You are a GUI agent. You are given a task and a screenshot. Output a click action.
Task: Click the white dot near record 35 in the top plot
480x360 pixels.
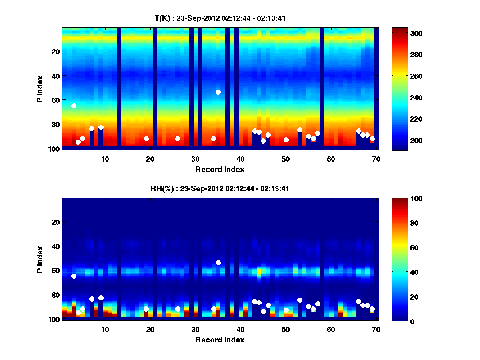218,92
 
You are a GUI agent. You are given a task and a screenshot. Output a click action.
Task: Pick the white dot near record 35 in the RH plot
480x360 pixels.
218,262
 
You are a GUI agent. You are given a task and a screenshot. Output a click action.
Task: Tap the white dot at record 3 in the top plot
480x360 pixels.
74,106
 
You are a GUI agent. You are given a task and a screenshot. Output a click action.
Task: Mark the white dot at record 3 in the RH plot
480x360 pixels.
74,276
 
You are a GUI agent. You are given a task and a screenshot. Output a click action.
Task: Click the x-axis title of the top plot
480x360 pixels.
220,169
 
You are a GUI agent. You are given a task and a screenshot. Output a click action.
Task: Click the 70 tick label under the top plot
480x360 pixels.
376,159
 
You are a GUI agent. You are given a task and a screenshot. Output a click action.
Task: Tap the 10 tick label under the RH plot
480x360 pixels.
105,329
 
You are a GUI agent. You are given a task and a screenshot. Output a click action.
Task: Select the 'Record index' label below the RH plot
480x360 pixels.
220,340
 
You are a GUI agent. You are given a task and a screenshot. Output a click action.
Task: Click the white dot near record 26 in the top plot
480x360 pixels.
178,138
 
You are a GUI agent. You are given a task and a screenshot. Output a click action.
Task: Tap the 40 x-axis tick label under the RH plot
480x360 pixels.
240,329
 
